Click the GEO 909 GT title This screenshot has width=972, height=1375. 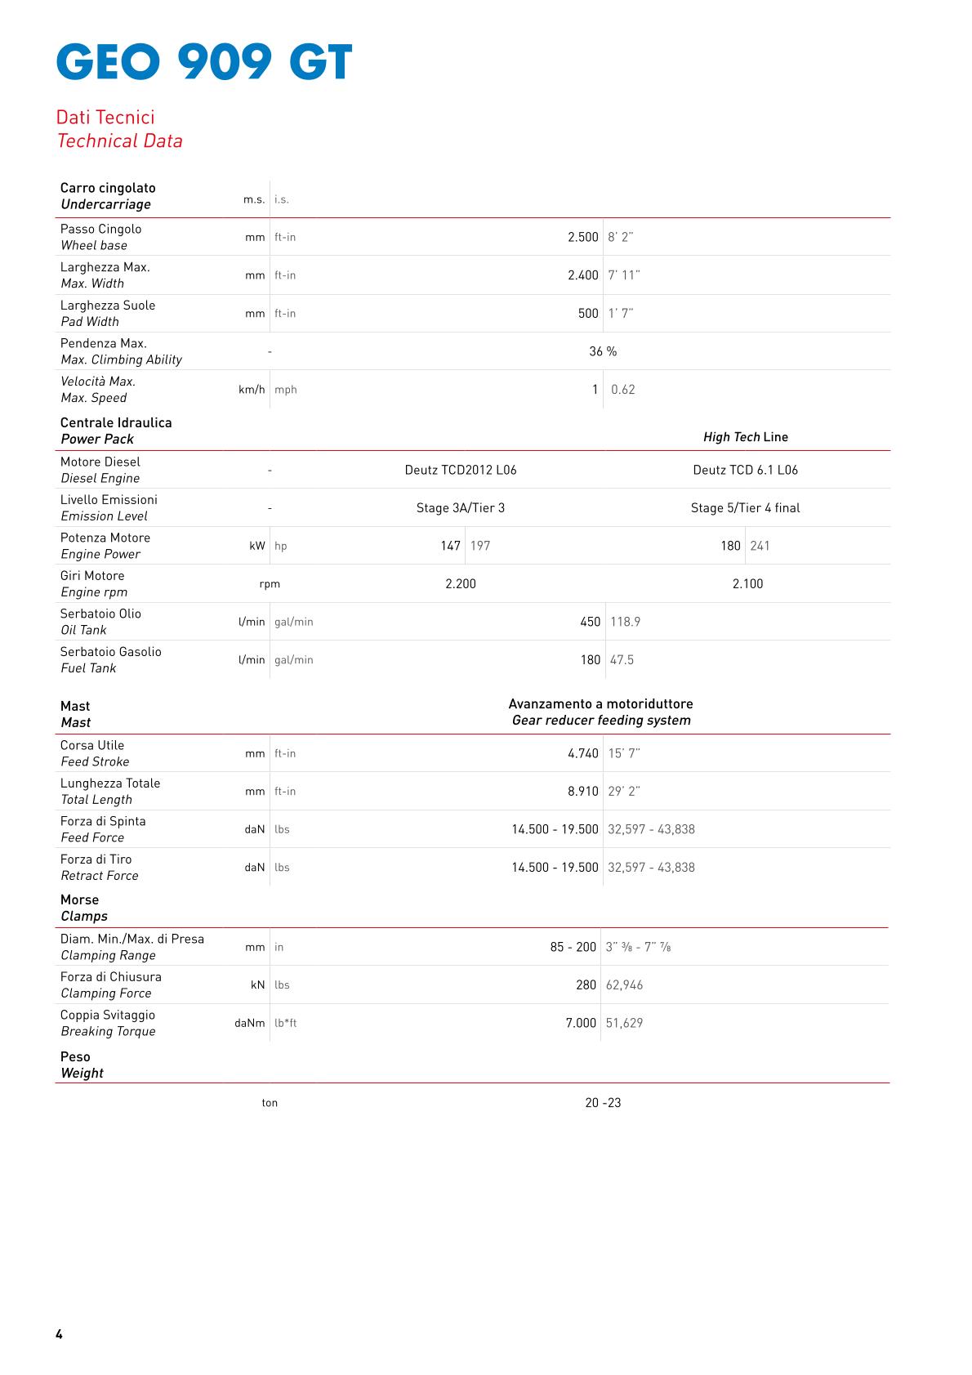[x=204, y=62]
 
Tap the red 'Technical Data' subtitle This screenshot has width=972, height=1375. [x=120, y=141]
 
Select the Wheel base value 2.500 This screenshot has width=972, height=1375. [x=583, y=237]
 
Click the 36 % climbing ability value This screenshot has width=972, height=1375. [x=603, y=351]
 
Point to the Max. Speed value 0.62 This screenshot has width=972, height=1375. [x=622, y=390]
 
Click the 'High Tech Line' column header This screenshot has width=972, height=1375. [x=745, y=437]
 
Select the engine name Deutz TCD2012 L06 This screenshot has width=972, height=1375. [x=461, y=470]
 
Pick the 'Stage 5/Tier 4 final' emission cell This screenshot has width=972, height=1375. [x=745, y=508]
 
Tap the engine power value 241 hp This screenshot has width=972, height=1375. [x=760, y=546]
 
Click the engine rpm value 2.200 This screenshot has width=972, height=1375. [x=461, y=584]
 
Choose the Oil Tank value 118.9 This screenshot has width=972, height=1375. [x=625, y=622]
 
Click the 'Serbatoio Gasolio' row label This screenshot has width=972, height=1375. [x=111, y=652]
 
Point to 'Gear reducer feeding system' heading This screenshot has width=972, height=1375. [x=601, y=721]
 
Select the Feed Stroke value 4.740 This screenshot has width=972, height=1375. [x=583, y=753]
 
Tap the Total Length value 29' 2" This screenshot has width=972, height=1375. [x=624, y=792]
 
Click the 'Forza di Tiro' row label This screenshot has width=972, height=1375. [x=96, y=859]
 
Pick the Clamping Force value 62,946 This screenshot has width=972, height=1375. [x=624, y=985]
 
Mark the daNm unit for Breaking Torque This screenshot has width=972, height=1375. [x=250, y=1023]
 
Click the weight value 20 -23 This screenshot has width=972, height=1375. [x=603, y=1103]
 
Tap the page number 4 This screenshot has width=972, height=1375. [x=59, y=1334]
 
